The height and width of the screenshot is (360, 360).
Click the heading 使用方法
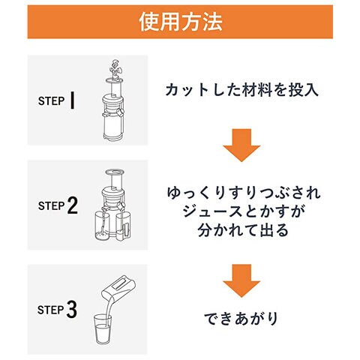(x=180, y=22)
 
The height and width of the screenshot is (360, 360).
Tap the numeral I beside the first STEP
(x=72, y=100)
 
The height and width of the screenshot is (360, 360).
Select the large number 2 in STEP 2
(x=73, y=205)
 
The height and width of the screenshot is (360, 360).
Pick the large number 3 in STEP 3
(x=71, y=309)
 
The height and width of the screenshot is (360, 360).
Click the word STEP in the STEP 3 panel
(x=51, y=310)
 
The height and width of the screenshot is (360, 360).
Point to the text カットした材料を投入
(x=241, y=90)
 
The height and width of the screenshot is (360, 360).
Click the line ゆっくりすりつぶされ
(x=244, y=193)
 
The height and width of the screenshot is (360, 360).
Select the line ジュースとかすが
(x=243, y=211)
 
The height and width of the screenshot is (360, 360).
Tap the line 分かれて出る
(x=243, y=230)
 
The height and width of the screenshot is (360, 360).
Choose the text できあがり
(x=241, y=319)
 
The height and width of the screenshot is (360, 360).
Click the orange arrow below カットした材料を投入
(x=241, y=145)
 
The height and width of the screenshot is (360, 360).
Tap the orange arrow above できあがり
(x=241, y=280)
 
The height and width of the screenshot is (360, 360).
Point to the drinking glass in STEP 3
(x=103, y=329)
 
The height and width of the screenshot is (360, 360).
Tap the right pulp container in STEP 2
(x=123, y=226)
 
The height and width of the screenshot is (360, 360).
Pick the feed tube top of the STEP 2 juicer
(x=115, y=172)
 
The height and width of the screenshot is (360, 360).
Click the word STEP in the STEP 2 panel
(x=52, y=206)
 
